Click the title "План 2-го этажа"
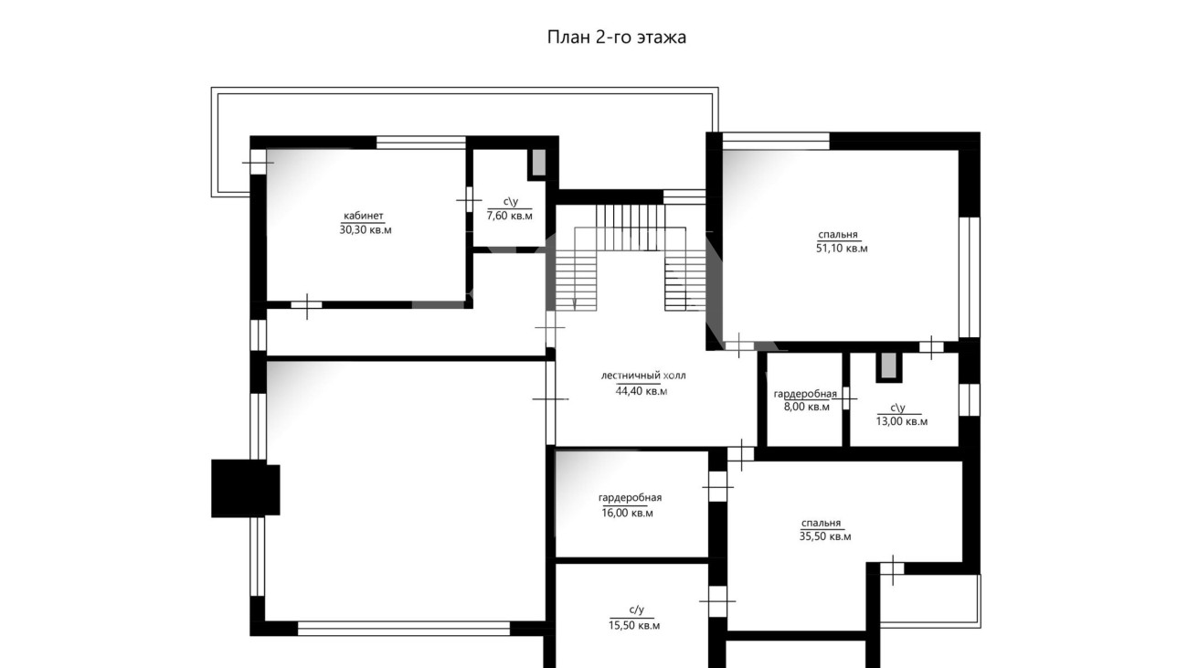click(x=617, y=37)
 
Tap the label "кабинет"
click(x=364, y=216)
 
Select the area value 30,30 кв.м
click(x=366, y=230)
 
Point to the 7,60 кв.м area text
click(x=510, y=216)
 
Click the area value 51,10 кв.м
click(x=842, y=249)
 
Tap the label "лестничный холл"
click(x=642, y=376)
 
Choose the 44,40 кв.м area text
click(x=642, y=391)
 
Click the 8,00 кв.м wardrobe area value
click(x=807, y=408)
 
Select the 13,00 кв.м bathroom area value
click(x=902, y=421)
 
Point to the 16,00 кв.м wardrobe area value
click(x=628, y=514)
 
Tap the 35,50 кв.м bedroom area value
click(x=825, y=536)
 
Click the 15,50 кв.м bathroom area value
click(x=634, y=626)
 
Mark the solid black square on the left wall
click(x=246, y=488)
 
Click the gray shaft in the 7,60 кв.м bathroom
click(x=539, y=163)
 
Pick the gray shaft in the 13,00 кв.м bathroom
click(x=889, y=366)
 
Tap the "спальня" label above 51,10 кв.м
click(x=838, y=234)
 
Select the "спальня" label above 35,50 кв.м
click(x=821, y=524)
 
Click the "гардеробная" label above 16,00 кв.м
click(x=630, y=498)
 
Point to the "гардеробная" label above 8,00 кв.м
click(x=805, y=394)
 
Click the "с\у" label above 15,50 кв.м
click(x=636, y=610)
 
